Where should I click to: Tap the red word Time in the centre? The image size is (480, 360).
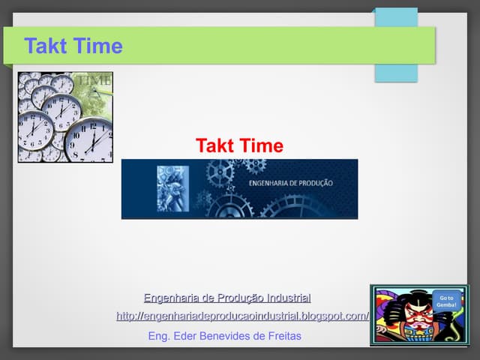coord(262,145)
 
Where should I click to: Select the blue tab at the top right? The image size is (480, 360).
coord(396,45)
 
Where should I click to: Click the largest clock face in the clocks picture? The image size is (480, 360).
coord(88,139)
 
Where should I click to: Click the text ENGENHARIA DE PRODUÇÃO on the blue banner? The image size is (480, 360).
coord(290,183)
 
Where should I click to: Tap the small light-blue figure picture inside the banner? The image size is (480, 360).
coord(173,187)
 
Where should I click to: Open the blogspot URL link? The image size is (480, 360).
coord(242,316)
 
